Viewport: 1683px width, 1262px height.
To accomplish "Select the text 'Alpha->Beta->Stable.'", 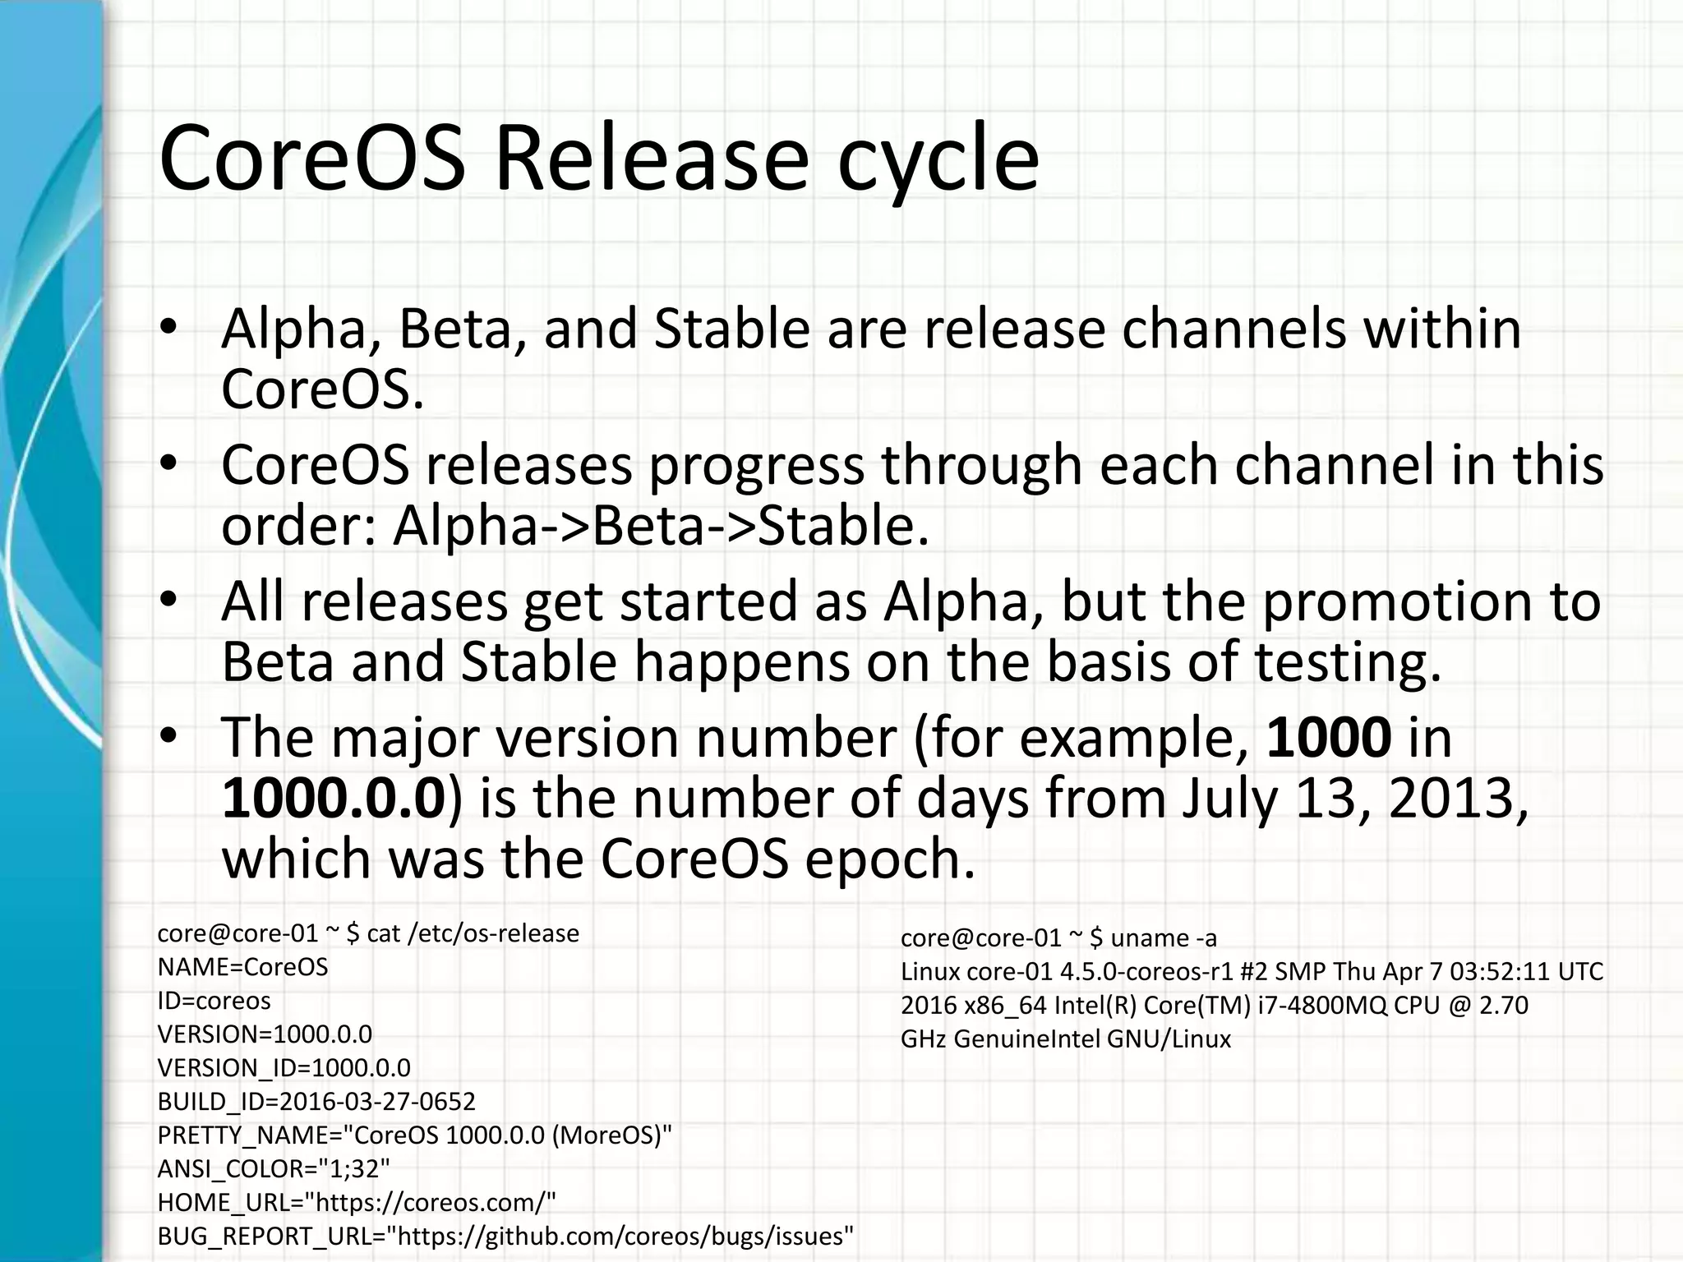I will click(661, 526).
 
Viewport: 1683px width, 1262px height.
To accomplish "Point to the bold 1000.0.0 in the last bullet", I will click(333, 797).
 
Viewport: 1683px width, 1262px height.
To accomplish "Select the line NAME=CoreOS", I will click(242, 967).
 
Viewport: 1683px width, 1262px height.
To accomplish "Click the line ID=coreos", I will click(214, 1001).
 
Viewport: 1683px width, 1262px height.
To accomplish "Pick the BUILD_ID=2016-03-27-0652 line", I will click(316, 1101).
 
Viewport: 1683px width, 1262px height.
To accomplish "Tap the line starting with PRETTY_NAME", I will click(414, 1135).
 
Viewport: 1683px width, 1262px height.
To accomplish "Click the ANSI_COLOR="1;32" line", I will click(274, 1168).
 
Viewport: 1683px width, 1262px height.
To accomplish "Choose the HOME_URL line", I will click(357, 1202).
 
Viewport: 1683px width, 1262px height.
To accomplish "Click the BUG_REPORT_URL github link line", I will click(505, 1236).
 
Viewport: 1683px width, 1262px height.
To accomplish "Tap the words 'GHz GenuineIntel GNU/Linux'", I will click(1066, 1039).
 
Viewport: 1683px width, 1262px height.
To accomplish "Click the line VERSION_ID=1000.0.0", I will click(284, 1067).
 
